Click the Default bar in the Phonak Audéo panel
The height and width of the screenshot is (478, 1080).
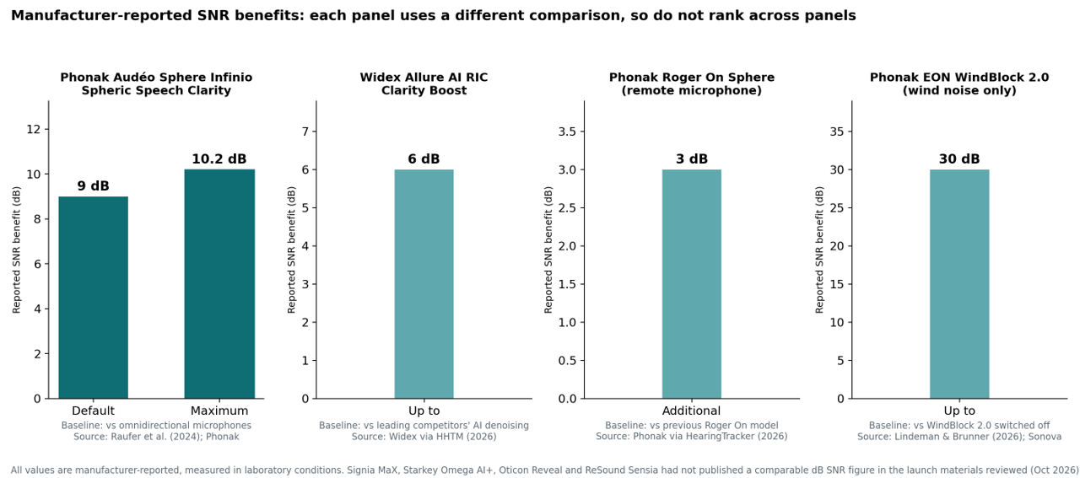[x=93, y=298]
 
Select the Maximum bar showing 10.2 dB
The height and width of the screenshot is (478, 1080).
[x=219, y=284]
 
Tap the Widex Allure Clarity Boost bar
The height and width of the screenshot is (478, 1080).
[x=424, y=284]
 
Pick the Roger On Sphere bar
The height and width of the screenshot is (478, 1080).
[x=691, y=284]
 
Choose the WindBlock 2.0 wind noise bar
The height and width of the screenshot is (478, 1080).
[x=959, y=284]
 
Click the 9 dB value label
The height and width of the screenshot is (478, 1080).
[x=93, y=186]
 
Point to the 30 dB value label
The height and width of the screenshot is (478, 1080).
[x=959, y=159]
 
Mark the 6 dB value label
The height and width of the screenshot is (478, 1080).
[x=424, y=159]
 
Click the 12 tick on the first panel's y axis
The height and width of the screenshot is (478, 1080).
[x=33, y=129]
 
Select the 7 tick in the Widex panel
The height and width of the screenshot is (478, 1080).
[x=305, y=132]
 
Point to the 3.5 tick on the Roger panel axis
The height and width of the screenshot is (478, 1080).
[x=568, y=132]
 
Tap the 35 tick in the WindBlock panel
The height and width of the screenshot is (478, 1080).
[x=838, y=132]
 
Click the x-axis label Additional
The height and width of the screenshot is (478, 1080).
[x=691, y=411]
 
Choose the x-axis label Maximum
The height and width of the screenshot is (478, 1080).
[x=219, y=411]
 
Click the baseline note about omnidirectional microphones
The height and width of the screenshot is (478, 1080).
[x=156, y=426]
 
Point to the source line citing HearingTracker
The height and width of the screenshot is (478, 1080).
[x=691, y=437]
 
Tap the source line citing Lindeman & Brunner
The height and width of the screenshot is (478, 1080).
[x=959, y=437]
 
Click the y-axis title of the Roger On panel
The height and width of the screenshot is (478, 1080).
[x=548, y=250]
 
